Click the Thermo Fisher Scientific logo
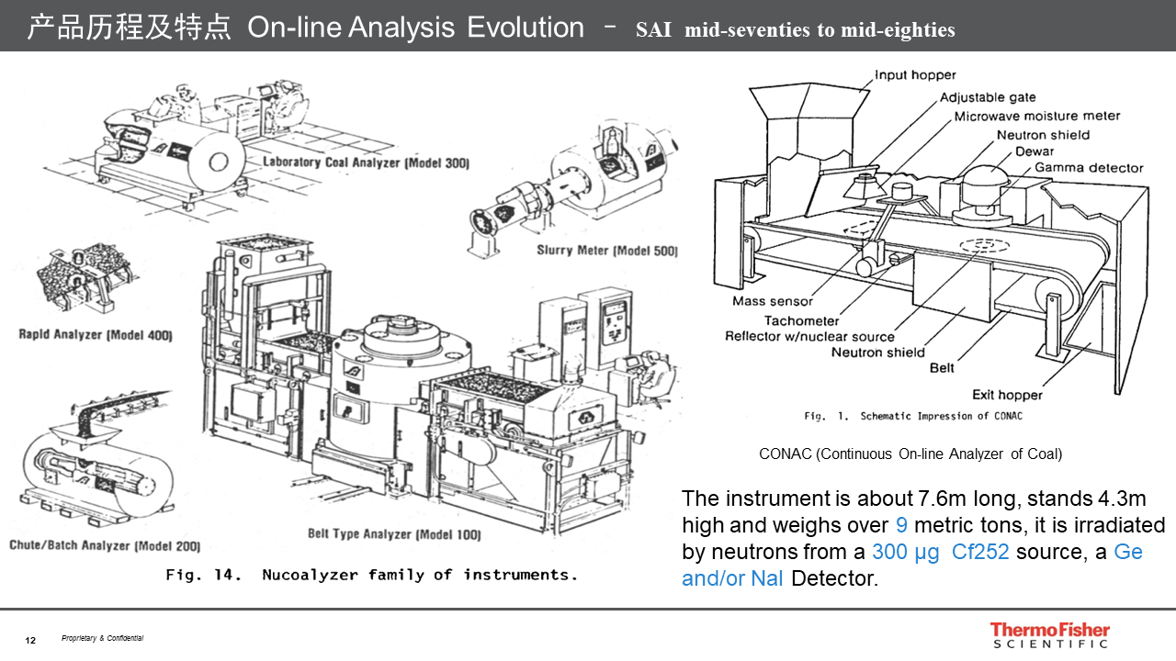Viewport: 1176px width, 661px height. pyautogui.click(x=1049, y=635)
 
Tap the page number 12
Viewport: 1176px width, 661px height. pyautogui.click(x=30, y=640)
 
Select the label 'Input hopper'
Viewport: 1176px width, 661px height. pyautogui.click(x=915, y=75)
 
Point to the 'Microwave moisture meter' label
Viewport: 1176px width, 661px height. pyautogui.click(x=1037, y=117)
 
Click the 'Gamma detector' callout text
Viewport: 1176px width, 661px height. pyautogui.click(x=1089, y=168)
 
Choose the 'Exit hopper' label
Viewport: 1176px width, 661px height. pyautogui.click(x=1008, y=395)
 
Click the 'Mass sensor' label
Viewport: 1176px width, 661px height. pyautogui.click(x=773, y=301)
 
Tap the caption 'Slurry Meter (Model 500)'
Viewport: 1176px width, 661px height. pyautogui.click(x=607, y=251)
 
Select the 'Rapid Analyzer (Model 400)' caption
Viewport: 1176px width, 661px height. pyautogui.click(x=96, y=335)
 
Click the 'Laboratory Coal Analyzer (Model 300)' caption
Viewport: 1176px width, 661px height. pyautogui.click(x=366, y=163)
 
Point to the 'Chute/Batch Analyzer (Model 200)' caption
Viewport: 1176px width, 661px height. pyautogui.click(x=105, y=546)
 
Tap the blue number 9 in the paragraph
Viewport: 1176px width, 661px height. pyautogui.click(x=901, y=525)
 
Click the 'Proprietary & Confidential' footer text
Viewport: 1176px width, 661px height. pyautogui.click(x=102, y=639)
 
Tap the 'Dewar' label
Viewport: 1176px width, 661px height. pyautogui.click(x=1035, y=151)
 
